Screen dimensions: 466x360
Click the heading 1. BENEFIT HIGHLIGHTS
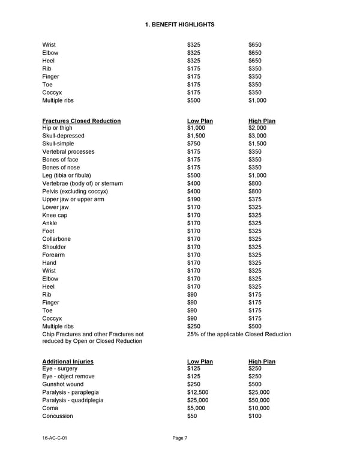pos(180,24)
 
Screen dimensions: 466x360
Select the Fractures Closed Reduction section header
pos(82,121)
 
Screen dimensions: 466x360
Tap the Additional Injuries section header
pos(68,362)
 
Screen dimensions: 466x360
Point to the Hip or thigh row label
pos(57,128)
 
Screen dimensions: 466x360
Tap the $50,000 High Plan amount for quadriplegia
pos(259,400)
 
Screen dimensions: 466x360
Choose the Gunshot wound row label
pos(63,384)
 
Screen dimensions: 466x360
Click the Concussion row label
pos(58,416)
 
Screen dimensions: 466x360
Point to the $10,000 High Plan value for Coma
pos(259,408)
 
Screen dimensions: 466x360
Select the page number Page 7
pos(180,438)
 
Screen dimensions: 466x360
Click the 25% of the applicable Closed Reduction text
pos(239,334)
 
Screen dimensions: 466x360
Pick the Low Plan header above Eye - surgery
pos(200,362)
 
